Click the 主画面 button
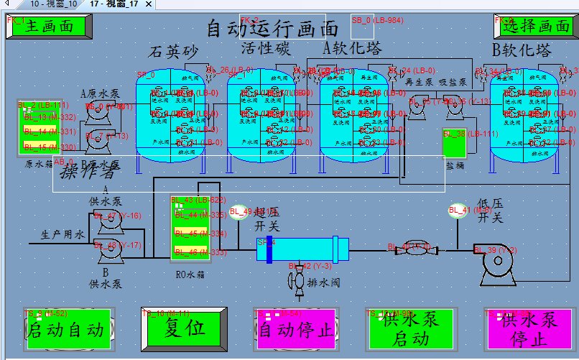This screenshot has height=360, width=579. coord(50,27)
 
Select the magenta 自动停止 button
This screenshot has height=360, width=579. coord(295,329)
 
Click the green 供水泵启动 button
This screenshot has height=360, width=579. coord(411,329)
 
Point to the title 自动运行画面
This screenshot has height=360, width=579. coord(272,29)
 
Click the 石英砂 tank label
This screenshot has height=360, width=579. coord(172,52)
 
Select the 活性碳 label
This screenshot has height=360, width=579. coord(265,49)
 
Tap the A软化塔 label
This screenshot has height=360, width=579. coord(352,49)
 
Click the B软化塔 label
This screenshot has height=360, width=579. coord(522,50)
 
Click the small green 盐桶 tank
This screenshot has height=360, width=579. coord(455,144)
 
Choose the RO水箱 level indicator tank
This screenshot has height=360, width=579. coord(190,229)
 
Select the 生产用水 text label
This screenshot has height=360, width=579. coord(62,234)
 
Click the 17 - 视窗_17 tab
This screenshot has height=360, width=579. coord(114,4)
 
